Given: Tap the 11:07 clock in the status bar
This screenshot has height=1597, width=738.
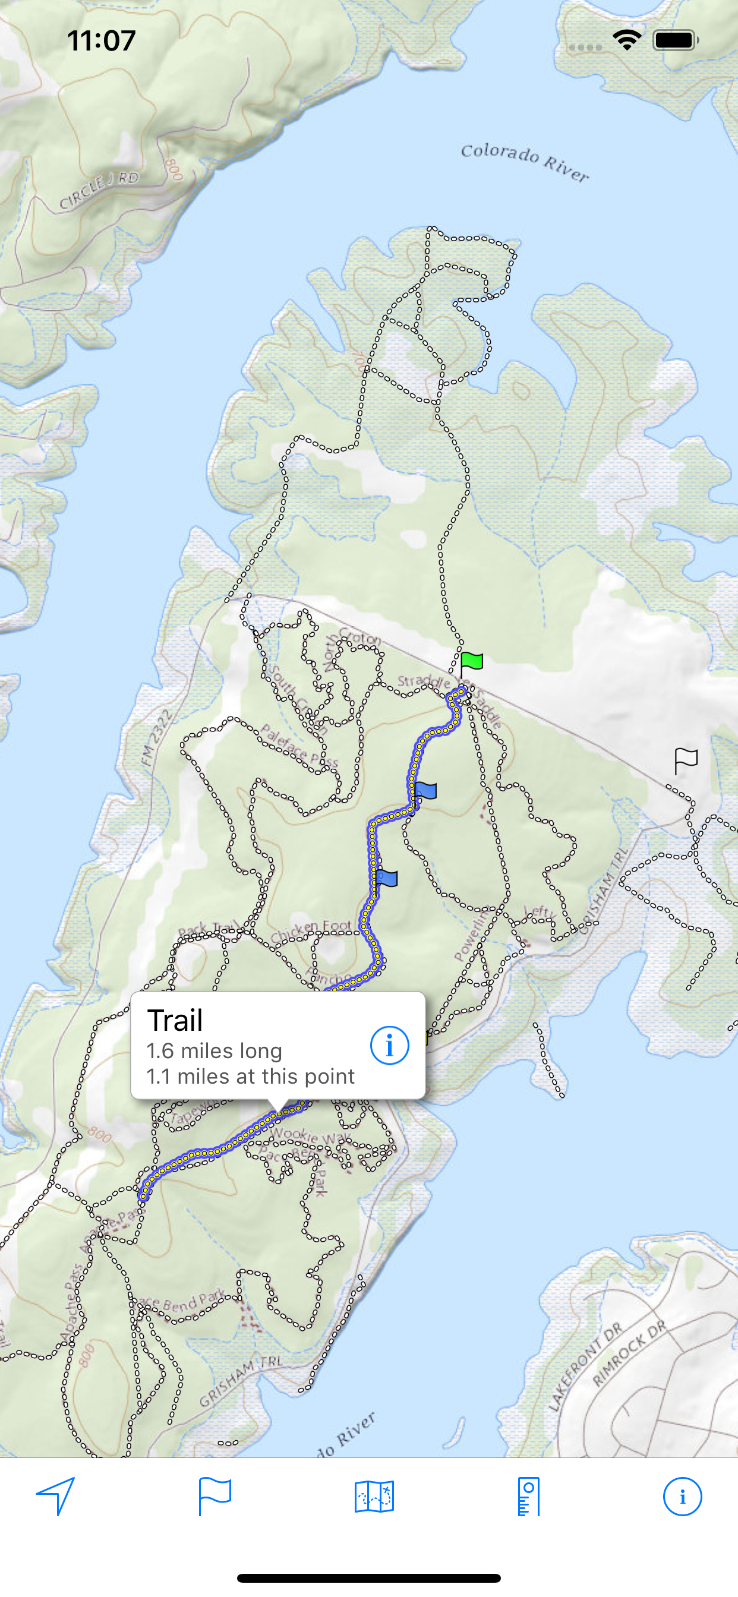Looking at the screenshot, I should (x=101, y=41).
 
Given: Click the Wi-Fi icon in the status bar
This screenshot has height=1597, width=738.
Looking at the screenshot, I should (x=626, y=40).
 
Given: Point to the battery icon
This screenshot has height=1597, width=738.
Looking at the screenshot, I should (x=676, y=40).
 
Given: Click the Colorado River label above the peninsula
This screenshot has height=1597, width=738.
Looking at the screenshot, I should (x=525, y=162).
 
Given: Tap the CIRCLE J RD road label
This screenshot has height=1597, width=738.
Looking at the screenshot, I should (x=99, y=190).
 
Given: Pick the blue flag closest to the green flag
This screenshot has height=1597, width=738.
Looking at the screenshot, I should (x=425, y=791).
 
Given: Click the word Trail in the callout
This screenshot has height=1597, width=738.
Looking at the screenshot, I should (x=175, y=1021).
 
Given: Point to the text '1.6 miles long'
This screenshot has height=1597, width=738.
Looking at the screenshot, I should (x=215, y=1051).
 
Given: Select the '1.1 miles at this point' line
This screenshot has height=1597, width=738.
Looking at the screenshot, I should (x=251, y=1076).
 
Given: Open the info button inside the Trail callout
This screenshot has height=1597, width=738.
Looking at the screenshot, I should (x=389, y=1045).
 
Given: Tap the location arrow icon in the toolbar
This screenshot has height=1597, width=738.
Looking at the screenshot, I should (x=56, y=1495).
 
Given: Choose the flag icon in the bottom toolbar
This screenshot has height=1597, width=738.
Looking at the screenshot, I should (x=215, y=1496).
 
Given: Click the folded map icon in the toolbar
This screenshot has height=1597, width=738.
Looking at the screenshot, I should (x=374, y=1497).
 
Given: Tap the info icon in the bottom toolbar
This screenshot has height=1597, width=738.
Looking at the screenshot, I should (x=682, y=1497).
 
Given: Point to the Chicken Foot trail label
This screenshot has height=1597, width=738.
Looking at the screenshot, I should (x=311, y=930).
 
